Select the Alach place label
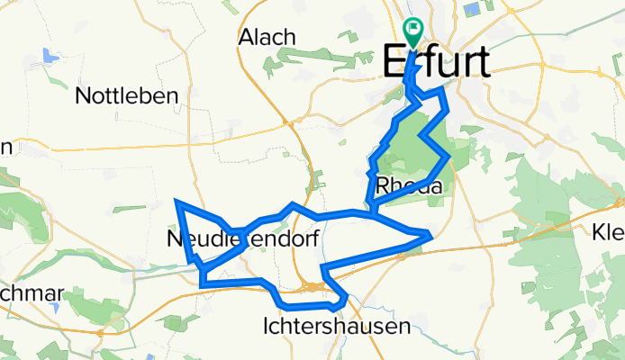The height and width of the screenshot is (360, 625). pyautogui.click(x=267, y=37)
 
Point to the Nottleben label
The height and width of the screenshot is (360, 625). pyautogui.click(x=128, y=95)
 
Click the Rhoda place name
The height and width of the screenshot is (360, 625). pyautogui.click(x=410, y=186)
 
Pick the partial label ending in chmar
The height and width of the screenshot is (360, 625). pyautogui.click(x=31, y=294)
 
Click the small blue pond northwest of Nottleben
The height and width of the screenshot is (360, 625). pyautogui.click(x=50, y=56)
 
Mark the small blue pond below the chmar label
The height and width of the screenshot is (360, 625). pyautogui.click(x=56, y=307)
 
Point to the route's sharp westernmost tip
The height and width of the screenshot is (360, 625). pyautogui.click(x=177, y=202)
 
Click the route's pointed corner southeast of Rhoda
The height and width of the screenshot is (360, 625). pyautogui.click(x=431, y=236)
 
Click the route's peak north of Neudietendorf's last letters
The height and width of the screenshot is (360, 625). pyautogui.click(x=293, y=205)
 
